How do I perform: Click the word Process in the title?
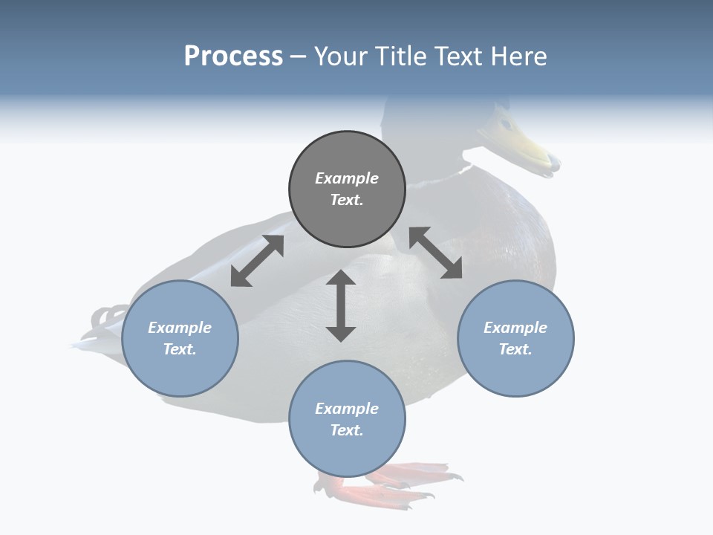(x=233, y=56)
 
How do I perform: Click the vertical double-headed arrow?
(x=341, y=305)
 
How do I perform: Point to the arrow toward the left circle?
(x=257, y=261)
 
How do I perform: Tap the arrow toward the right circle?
(x=436, y=253)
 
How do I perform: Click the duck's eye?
(x=506, y=123)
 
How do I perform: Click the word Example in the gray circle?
(x=347, y=178)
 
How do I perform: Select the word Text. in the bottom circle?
(x=347, y=430)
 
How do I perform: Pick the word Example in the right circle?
(x=515, y=328)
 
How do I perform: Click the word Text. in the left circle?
(x=180, y=349)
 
